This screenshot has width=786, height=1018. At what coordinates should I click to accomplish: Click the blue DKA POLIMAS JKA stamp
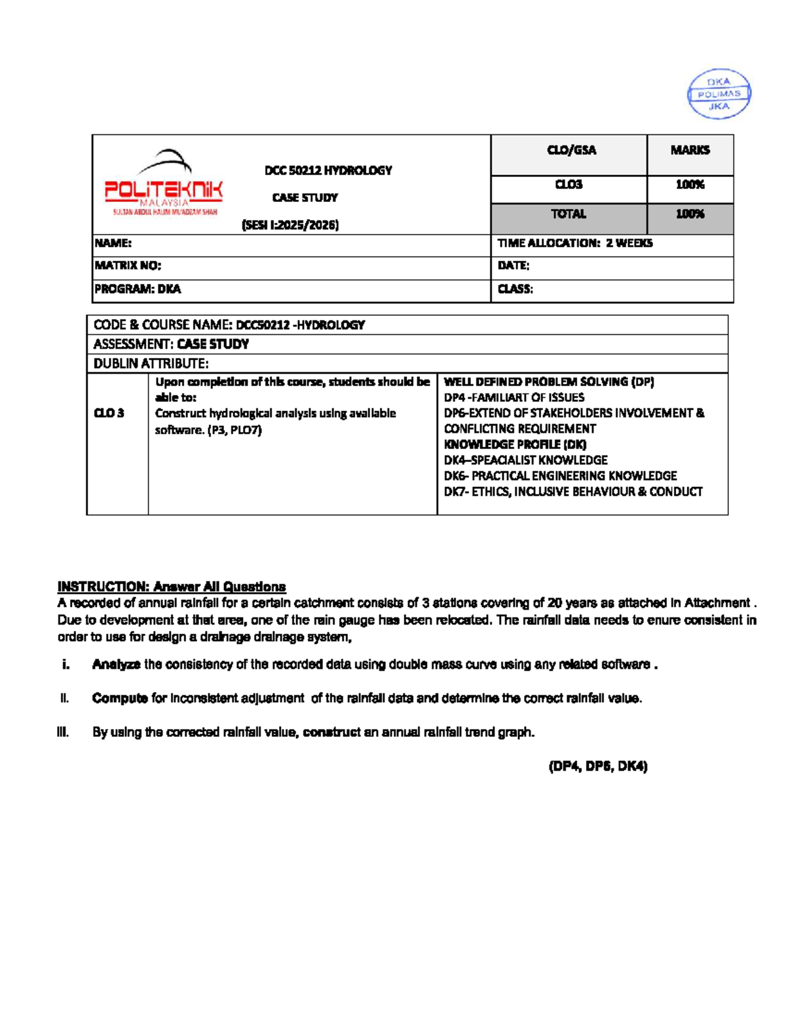coord(719,94)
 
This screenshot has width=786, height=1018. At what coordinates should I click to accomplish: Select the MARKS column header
coord(690,150)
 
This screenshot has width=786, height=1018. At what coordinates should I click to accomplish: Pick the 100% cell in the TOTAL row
coord(690,214)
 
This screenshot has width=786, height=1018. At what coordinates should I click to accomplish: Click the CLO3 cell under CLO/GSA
coord(569,185)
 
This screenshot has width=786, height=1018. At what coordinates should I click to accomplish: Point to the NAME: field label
coord(113,243)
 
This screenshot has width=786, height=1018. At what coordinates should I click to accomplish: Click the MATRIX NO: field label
coord(128,265)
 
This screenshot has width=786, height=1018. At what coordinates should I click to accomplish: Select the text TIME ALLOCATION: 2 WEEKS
coord(574,243)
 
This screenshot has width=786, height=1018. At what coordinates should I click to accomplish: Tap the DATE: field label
coord(514,265)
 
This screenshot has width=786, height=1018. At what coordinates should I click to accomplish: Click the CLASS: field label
coord(515,289)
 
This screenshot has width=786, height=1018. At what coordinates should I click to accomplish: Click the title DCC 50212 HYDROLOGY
coord(328,170)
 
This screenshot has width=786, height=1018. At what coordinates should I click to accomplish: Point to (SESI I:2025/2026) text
coord(290,225)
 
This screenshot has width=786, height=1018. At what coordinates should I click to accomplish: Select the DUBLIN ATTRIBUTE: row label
coord(151,363)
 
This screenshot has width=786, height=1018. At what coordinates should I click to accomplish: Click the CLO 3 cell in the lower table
coord(109,413)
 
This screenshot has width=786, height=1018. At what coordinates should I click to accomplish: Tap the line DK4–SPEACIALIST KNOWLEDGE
coord(525,460)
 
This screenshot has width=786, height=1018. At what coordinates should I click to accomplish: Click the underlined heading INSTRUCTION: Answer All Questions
coord(172,587)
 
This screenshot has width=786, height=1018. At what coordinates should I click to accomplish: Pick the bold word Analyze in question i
coord(116,664)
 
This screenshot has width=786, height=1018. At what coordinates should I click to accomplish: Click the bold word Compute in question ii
coord(120,698)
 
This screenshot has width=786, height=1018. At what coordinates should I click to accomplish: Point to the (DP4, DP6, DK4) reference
coord(597,766)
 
